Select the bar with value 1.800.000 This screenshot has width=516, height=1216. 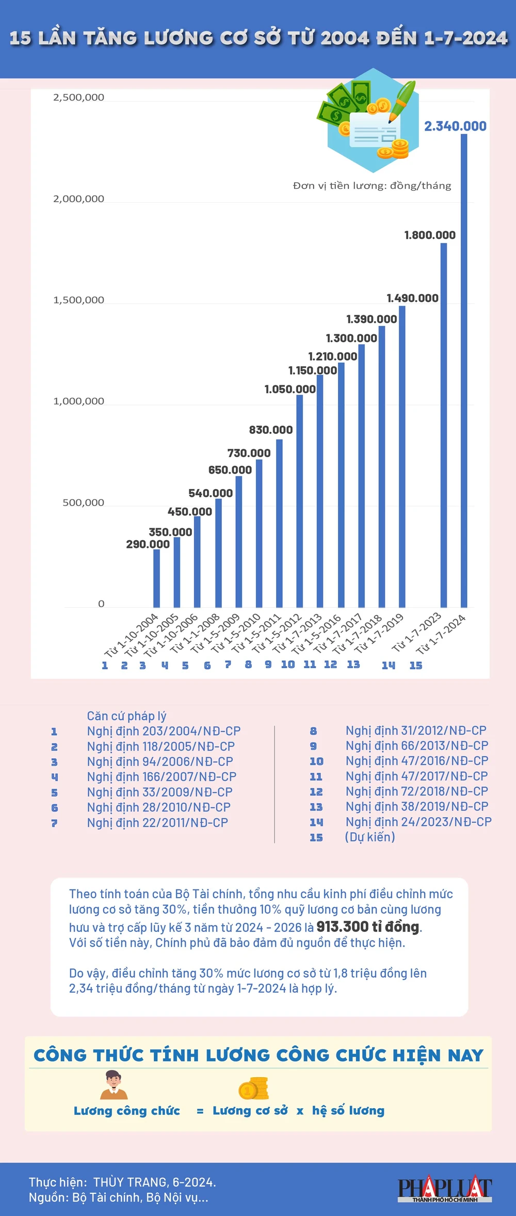tap(444, 425)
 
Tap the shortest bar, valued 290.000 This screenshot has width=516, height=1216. tap(156, 578)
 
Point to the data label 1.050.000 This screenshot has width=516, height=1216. tap(290, 389)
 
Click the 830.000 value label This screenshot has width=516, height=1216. tap(270, 430)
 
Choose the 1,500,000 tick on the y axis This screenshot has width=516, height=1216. tap(78, 300)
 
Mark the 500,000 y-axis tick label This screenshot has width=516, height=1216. tap(83, 502)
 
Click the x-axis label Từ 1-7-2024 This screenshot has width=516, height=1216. tap(442, 634)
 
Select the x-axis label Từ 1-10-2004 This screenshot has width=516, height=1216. tap(131, 635)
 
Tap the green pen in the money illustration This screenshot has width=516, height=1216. tap(403, 99)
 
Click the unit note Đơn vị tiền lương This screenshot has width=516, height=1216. tap(372, 186)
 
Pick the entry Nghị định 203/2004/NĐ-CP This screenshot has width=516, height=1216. tap(164, 731)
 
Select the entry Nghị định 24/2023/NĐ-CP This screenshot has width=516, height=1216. tap(418, 821)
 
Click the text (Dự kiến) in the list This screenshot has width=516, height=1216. tap(370, 837)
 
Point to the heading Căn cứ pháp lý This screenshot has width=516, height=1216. tap(126, 716)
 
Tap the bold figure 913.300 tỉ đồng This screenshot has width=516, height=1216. tap(368, 927)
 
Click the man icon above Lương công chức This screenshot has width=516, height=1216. tap(114, 1085)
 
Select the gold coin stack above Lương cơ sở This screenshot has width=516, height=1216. tap(253, 1088)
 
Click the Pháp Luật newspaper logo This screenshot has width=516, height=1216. tap(444, 1189)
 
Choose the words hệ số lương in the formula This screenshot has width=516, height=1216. tap(348, 1110)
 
